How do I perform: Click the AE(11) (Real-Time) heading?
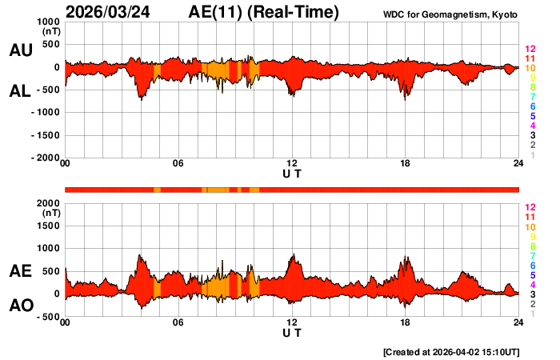coord(264,12)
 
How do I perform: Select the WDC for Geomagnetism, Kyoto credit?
coord(450,14)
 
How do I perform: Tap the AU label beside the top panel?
coord(20,50)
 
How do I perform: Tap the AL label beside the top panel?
coord(20,91)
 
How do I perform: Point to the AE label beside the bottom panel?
coord(20,272)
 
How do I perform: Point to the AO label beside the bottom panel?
coord(20,306)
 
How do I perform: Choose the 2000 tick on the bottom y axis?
coord(49,204)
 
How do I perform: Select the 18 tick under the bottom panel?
coord(406,322)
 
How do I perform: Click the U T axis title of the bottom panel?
coord(292,332)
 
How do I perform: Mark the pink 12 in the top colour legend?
coord(529,50)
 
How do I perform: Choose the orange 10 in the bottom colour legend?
coord(529,227)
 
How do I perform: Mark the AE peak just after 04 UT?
coord(140,255)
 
